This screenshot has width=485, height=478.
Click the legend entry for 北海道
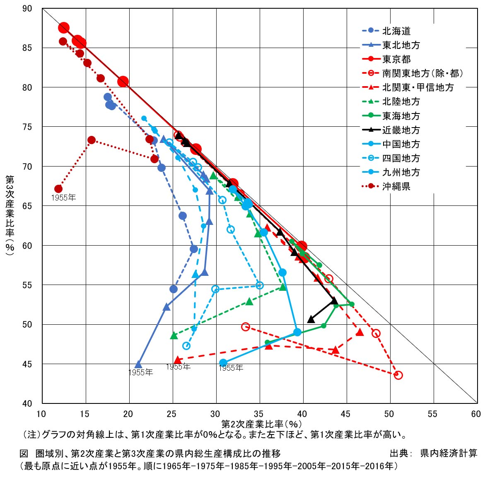(396, 31)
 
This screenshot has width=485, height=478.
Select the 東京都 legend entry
(396, 59)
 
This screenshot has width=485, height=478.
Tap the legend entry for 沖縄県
(396, 186)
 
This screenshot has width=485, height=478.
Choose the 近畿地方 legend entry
(401, 130)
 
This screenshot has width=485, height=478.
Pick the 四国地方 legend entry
(401, 158)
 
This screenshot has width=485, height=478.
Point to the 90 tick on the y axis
(27, 9)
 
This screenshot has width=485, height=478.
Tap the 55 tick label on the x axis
(432, 414)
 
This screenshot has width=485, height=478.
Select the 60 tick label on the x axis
(476, 414)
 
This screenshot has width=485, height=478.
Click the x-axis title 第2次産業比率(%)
(261, 424)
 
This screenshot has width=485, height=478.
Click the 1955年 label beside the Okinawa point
(63, 198)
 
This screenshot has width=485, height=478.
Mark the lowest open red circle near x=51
(398, 375)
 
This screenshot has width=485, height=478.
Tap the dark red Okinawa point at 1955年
(58, 189)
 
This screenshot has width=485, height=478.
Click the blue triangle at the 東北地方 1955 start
(138, 365)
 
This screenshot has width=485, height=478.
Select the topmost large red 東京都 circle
(64, 28)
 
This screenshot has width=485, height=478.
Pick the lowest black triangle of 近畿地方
(311, 319)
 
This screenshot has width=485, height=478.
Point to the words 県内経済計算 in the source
(449, 453)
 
